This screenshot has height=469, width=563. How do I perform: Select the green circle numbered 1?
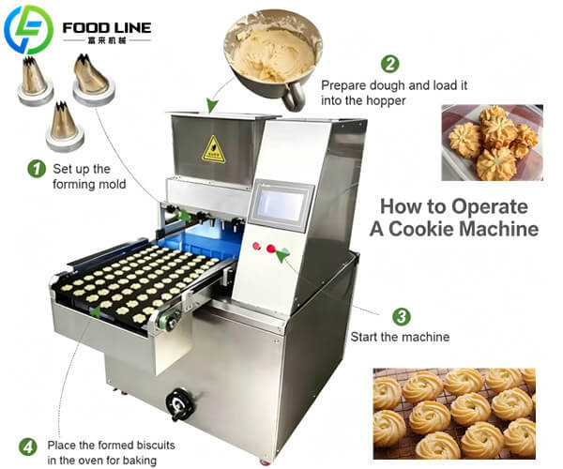pos(37,169)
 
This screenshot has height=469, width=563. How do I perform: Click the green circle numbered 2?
pos(389,64)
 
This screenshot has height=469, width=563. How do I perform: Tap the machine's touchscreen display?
pos(281,204)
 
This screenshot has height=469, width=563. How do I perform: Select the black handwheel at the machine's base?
pos(179,404)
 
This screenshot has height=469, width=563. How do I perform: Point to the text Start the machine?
pos(400,337)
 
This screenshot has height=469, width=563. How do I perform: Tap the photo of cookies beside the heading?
pos(492,142)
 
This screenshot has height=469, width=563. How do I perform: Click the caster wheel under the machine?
pos(265,459)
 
